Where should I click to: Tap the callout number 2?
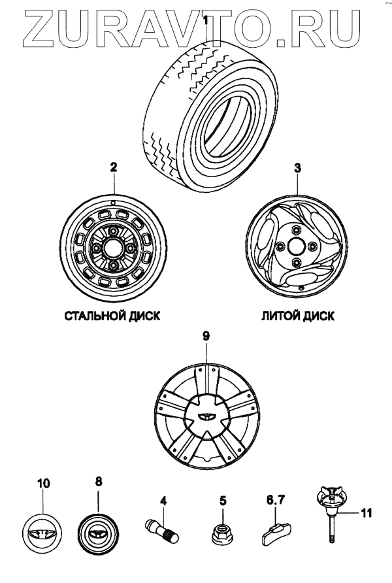coord(113,168)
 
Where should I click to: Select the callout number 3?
coord(297,168)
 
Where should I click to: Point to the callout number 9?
coord(206,336)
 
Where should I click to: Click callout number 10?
coord(43,484)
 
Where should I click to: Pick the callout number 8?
coord(99,482)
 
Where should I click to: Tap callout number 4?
coord(164,502)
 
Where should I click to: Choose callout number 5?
coord(223,502)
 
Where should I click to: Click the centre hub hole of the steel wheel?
coord(112,249)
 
